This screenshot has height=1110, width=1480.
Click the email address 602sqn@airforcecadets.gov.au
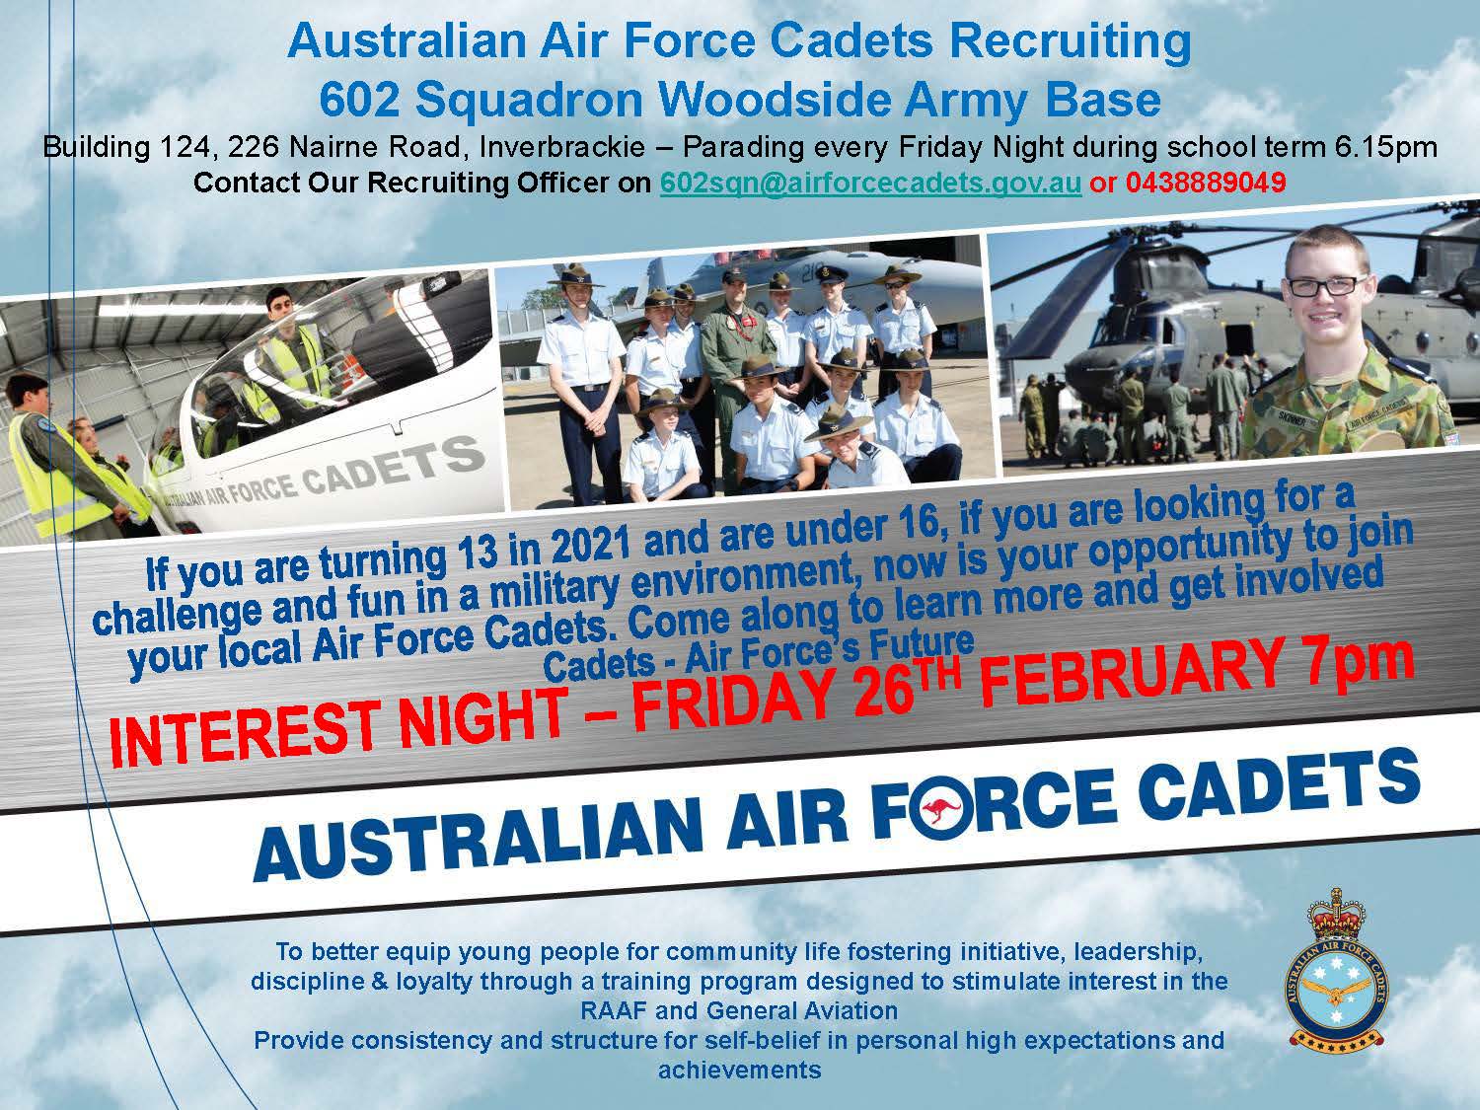pyautogui.click(x=870, y=183)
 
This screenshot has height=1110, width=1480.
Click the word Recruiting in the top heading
pyautogui.click(x=1072, y=41)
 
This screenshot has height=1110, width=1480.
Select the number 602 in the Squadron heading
pyautogui.click(x=360, y=99)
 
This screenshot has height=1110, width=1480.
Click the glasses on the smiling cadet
pyautogui.click(x=1326, y=285)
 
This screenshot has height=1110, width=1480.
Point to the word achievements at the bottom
pyautogui.click(x=740, y=1071)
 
